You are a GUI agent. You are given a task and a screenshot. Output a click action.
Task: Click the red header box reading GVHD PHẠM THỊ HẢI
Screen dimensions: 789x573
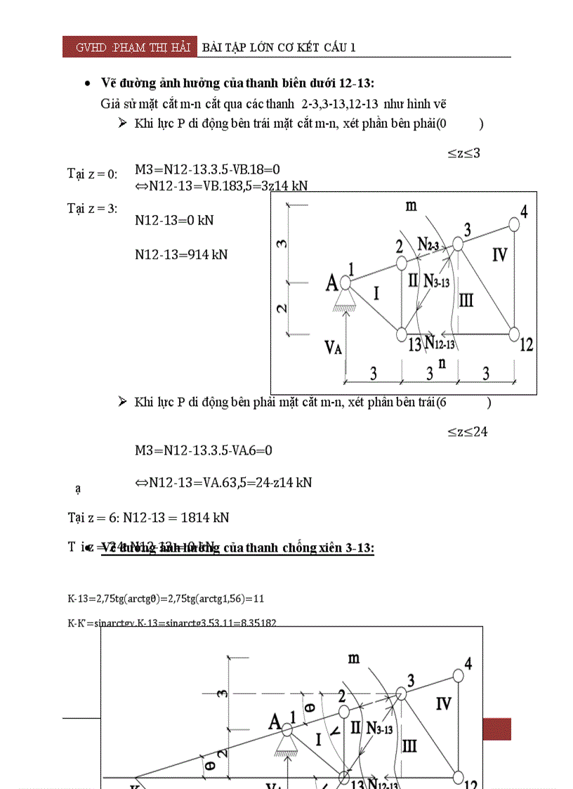pyautogui.click(x=129, y=47)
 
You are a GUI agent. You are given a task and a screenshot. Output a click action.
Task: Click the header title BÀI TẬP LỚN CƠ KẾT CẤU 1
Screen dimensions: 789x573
pyautogui.click(x=279, y=47)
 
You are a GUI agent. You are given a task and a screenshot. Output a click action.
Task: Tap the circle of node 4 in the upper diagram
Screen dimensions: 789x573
pyautogui.click(x=515, y=223)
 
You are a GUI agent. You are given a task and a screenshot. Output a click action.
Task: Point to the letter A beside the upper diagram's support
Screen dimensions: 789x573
pyautogui.click(x=331, y=282)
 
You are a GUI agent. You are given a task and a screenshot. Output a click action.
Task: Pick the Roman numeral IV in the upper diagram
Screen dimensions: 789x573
pyautogui.click(x=499, y=255)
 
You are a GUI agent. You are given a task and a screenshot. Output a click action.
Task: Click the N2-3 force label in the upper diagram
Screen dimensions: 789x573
pyautogui.click(x=428, y=244)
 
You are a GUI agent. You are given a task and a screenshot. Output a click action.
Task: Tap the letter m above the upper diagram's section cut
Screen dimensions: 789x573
pyautogui.click(x=411, y=205)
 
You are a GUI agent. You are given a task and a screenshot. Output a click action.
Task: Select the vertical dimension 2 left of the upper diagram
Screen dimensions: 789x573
pyautogui.click(x=282, y=308)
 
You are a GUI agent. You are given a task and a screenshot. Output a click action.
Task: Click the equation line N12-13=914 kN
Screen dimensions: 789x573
pyautogui.click(x=181, y=254)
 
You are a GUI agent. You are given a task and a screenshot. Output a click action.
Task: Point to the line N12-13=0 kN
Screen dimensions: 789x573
pyautogui.click(x=174, y=220)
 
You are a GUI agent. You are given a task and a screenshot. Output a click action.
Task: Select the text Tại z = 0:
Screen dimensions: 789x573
pyautogui.click(x=92, y=174)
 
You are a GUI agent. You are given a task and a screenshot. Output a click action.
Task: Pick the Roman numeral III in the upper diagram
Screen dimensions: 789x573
pyautogui.click(x=466, y=301)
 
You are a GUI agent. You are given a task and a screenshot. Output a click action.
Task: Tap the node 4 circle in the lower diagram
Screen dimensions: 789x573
pyautogui.click(x=459, y=675)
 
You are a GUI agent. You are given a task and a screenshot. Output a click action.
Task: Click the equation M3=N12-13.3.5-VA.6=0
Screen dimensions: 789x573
pyautogui.click(x=204, y=450)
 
